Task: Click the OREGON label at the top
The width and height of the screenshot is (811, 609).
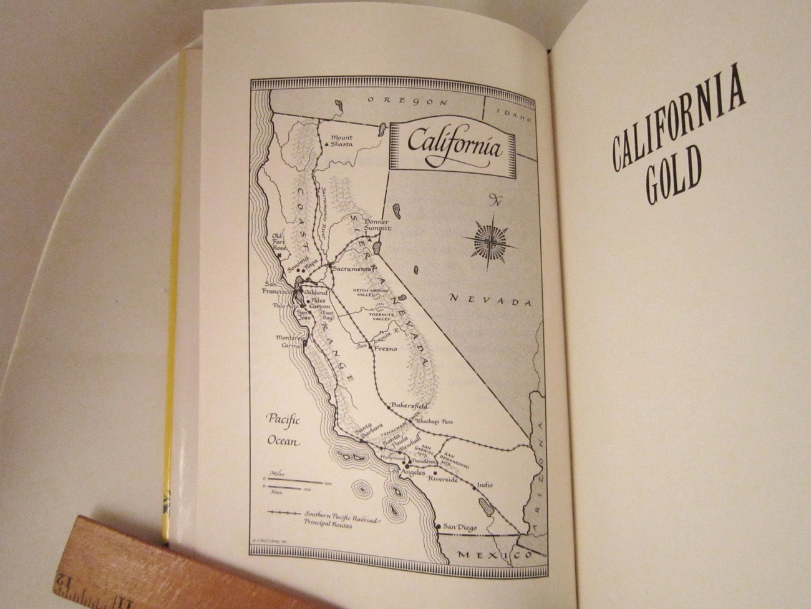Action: point(407,101)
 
